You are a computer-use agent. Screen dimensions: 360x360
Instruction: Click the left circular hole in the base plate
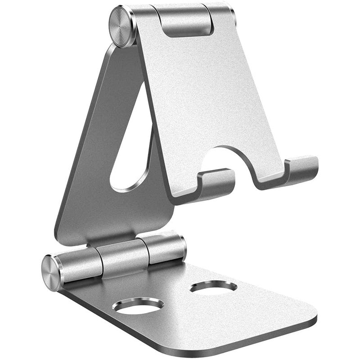click(138, 306)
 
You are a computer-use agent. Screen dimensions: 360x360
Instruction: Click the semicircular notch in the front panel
click(232, 164)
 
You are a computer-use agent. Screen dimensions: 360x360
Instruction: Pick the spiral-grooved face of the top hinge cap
click(121, 26)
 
